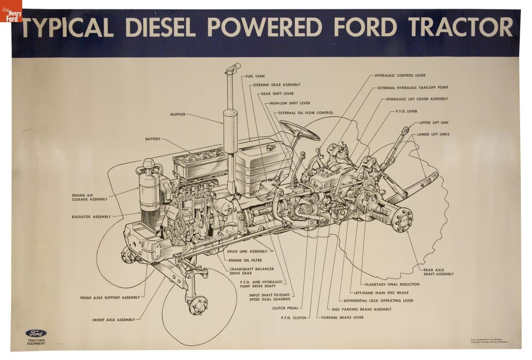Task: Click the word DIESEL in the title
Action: coord(160,27)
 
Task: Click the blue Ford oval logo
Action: coord(36,333)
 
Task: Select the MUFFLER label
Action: coord(178,114)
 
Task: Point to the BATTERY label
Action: coord(153,139)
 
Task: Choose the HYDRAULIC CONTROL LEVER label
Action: coord(400,75)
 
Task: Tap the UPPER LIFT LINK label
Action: coord(434,122)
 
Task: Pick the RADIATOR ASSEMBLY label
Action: coord(91,217)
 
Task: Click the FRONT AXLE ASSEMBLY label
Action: coord(110,320)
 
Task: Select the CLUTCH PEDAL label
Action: coord(285,308)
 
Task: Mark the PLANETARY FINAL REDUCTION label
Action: coord(392,284)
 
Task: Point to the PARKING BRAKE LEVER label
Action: coord(342,317)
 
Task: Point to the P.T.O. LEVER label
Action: coord(407,111)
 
